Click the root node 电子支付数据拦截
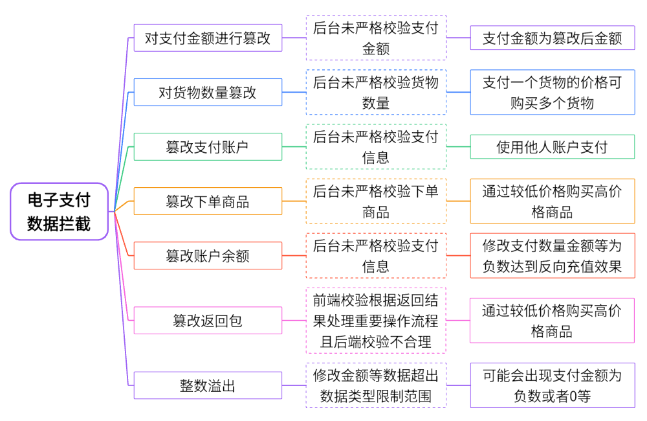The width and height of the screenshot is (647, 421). tap(59, 211)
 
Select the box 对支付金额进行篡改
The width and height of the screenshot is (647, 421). tap(208, 38)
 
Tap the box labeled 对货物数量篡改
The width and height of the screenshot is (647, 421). tap(208, 93)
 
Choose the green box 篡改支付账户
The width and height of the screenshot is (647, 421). tap(208, 147)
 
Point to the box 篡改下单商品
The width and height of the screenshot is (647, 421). tap(208, 201)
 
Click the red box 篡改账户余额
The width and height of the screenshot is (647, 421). tap(208, 256)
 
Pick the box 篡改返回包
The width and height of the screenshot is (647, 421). tap(208, 321)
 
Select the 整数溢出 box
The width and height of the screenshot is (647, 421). tap(208, 386)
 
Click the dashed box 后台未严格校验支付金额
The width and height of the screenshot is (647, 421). tap(376, 38)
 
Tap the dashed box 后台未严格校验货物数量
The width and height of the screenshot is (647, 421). tap(376, 93)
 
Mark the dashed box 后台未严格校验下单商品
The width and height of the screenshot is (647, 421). tap(376, 201)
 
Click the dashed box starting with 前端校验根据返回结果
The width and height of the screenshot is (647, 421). tap(376, 321)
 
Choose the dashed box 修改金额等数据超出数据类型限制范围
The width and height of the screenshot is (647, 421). tap(376, 385)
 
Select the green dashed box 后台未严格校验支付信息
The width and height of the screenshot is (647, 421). tap(376, 147)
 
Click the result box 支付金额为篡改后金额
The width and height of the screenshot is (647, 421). tap(552, 38)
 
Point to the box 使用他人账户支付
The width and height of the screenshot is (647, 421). tap(552, 147)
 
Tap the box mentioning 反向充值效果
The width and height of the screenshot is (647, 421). tap(552, 256)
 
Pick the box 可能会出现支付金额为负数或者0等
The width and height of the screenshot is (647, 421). tap(552, 385)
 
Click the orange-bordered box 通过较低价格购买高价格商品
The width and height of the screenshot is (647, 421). tap(552, 201)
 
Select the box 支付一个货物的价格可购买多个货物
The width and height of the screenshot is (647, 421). tap(552, 93)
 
